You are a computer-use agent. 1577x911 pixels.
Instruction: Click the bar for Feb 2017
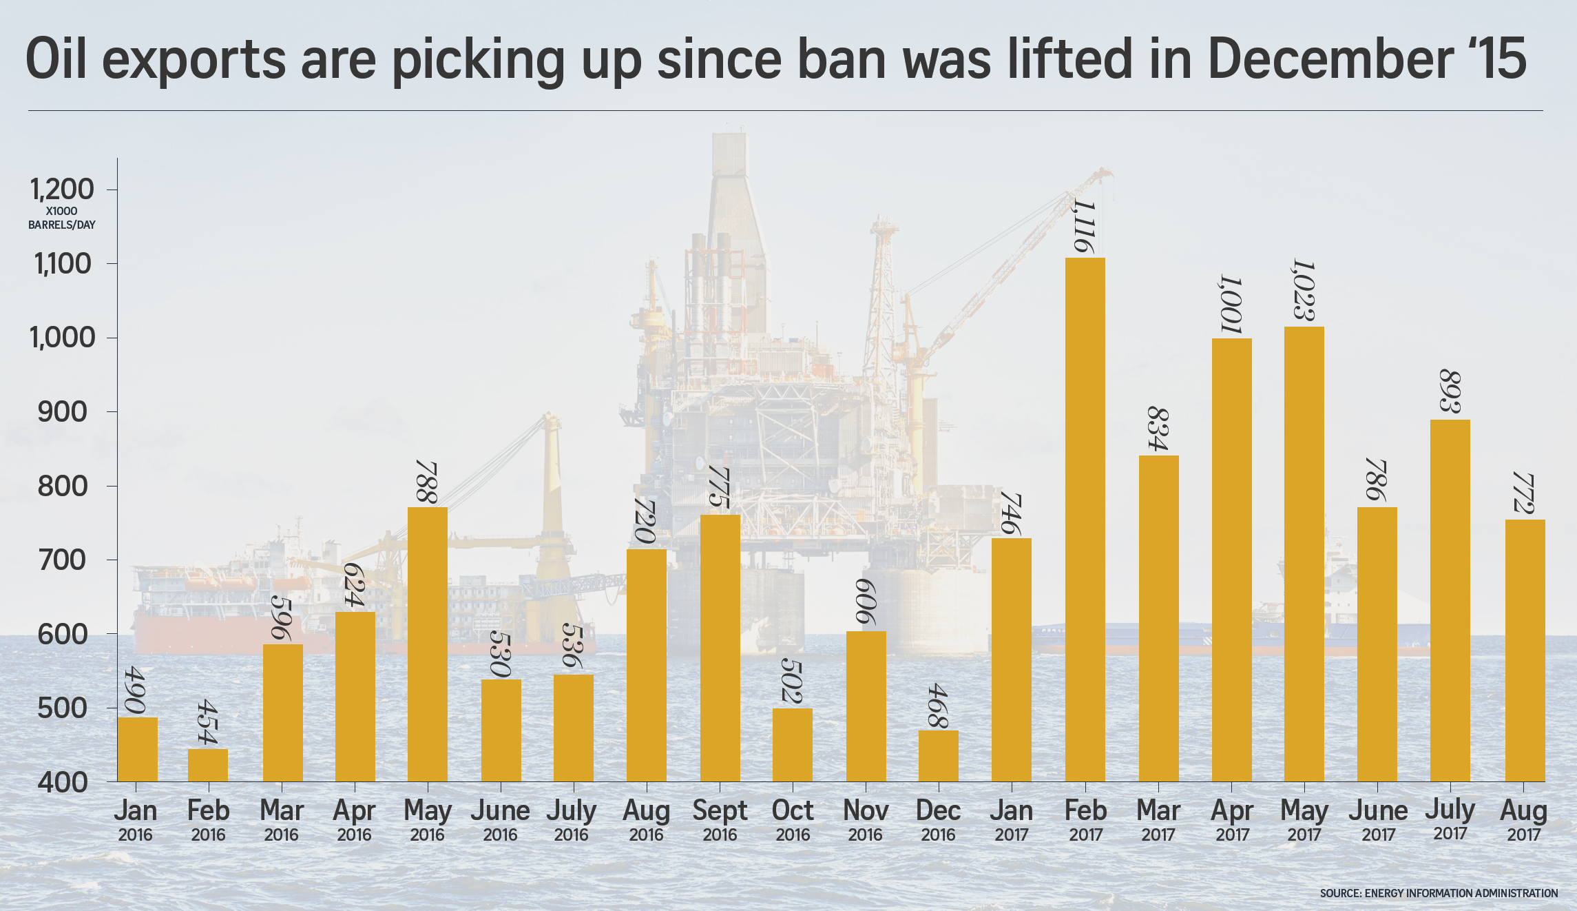pos(1085,520)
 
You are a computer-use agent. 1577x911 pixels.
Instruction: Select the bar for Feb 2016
pos(208,765)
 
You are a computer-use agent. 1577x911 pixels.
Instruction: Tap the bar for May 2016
pos(428,644)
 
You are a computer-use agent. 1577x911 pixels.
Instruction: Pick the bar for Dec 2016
pos(939,755)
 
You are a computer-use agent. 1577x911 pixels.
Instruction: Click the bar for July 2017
pos(1450,600)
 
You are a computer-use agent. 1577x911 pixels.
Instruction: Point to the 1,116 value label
pos(1083,227)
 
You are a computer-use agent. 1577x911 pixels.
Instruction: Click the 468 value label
pos(938,706)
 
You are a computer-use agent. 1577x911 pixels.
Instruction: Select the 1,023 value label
pos(1304,290)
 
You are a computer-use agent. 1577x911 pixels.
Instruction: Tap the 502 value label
pos(792,682)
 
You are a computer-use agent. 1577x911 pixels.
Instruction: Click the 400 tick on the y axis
pos(63,782)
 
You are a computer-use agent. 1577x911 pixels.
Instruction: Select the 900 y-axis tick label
pos(63,412)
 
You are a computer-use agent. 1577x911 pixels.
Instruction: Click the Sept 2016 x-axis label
pos(720,819)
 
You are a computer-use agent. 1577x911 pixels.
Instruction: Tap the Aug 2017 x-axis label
pos(1523,819)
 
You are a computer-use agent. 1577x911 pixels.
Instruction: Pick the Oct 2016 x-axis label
pos(793,819)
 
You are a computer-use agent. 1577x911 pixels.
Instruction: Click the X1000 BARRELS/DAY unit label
pos(62,218)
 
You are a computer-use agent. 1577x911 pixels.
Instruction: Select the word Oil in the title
pos(57,59)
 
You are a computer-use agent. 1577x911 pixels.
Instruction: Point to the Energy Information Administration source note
pos(1439,893)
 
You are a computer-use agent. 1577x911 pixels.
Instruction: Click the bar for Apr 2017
pos(1231,560)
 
